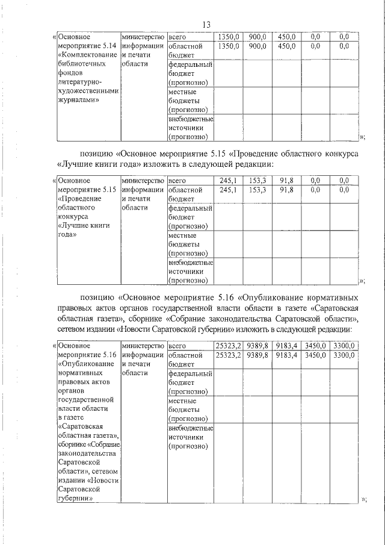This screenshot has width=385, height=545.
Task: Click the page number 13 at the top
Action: point(206,25)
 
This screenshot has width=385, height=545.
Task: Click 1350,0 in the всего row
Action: point(229,37)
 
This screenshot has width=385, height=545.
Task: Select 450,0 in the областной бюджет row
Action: point(286,46)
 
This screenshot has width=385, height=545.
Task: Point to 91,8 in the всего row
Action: point(286,180)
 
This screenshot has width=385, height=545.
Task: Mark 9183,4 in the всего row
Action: point(286,345)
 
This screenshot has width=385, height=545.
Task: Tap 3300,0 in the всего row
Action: point(344,345)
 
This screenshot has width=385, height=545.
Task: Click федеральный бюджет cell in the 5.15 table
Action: point(191,217)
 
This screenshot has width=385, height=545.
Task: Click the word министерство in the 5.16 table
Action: point(143,346)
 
